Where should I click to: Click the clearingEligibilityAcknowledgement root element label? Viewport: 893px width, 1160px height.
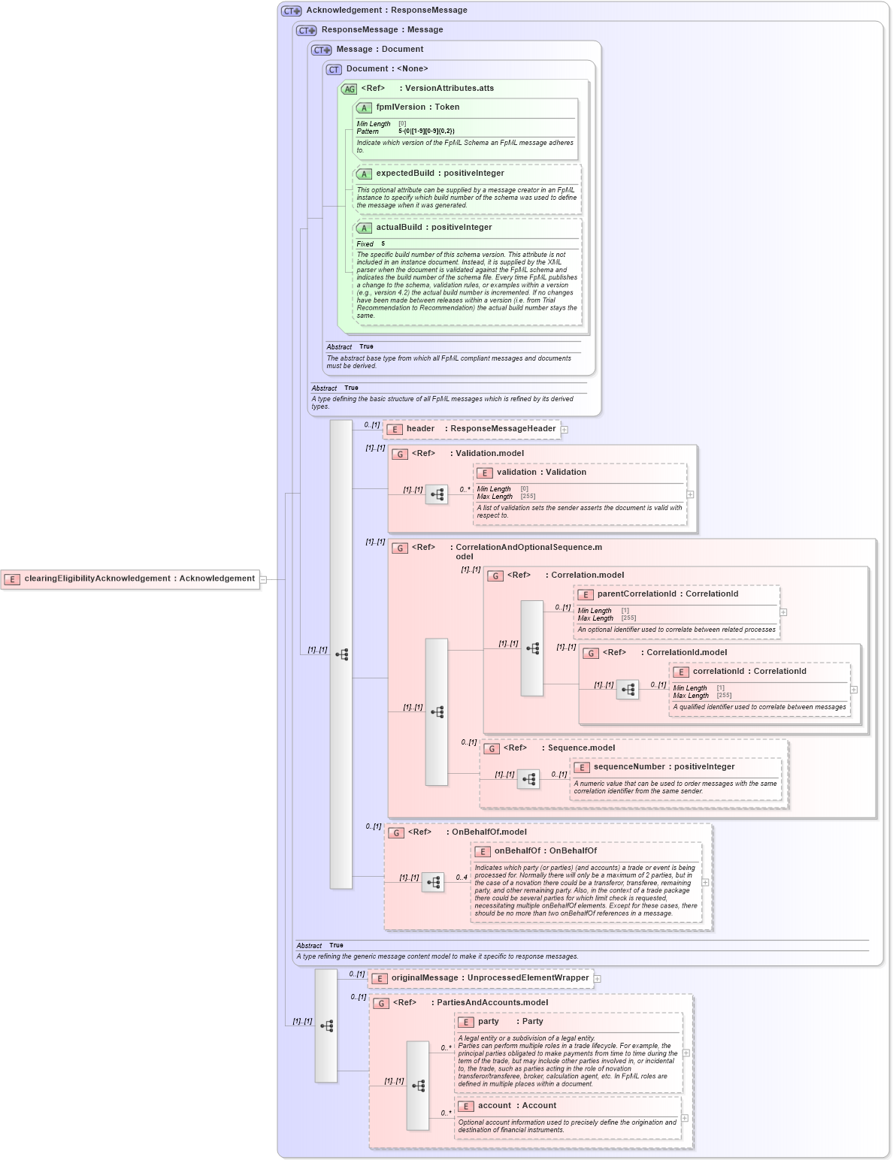click(x=139, y=578)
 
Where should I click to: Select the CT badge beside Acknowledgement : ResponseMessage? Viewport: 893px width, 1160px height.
click(x=292, y=11)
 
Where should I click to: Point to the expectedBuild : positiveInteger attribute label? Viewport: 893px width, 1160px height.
click(x=440, y=174)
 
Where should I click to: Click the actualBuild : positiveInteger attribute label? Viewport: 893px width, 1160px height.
click(x=434, y=228)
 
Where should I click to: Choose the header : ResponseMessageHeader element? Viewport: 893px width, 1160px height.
click(x=480, y=429)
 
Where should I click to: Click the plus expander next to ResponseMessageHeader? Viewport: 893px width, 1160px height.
click(x=565, y=430)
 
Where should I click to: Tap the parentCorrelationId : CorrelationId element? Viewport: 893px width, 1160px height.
click(x=667, y=594)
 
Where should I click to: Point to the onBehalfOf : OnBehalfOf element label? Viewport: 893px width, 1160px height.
click(x=545, y=851)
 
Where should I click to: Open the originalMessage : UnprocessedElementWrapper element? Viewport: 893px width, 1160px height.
click(x=489, y=978)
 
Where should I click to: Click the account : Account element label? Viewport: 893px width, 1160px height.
click(x=516, y=1106)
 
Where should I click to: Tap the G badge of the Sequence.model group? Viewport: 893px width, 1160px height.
click(x=492, y=748)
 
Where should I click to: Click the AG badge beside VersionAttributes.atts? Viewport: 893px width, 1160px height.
click(x=349, y=89)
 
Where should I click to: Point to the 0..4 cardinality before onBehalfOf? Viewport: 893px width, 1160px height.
click(x=462, y=878)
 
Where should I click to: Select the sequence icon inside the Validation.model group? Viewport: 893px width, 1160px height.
click(x=437, y=494)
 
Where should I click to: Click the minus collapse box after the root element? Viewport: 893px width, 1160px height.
click(x=263, y=579)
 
